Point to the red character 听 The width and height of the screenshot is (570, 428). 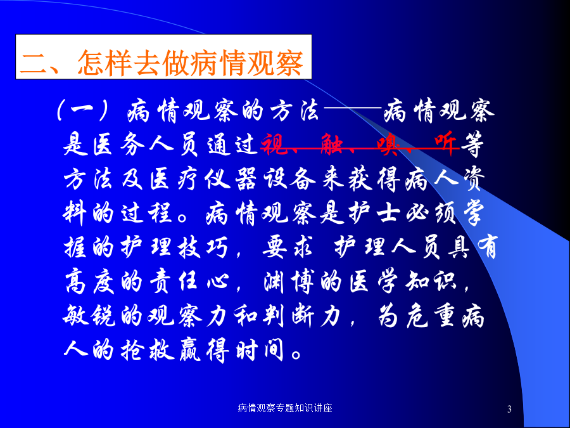tap(446, 143)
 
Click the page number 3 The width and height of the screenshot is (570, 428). tap(509, 409)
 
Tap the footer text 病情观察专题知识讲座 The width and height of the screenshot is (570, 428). tap(285, 408)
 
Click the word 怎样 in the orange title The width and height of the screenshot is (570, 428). tap(104, 63)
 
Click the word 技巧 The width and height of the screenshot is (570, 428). tap(203, 247)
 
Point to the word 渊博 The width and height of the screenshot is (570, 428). tap(289, 282)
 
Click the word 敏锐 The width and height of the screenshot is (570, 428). tap(89, 315)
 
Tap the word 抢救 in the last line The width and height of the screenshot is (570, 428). tap(146, 349)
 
